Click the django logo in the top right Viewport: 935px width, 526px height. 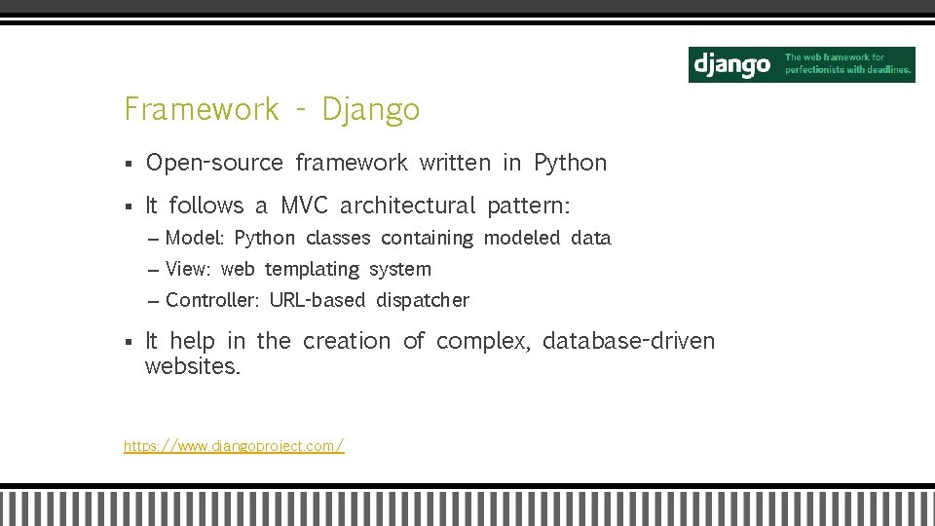(731, 65)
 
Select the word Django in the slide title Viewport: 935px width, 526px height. (371, 109)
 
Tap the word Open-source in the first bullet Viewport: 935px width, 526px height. (214, 163)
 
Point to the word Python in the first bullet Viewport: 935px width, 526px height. (570, 163)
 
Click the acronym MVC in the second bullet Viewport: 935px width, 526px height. (305, 206)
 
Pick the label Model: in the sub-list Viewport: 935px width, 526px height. (195, 238)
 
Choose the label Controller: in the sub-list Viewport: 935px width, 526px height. (212, 300)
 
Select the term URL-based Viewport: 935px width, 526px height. (318, 300)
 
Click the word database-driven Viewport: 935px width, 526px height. (628, 341)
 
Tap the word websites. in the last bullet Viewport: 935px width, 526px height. (192, 366)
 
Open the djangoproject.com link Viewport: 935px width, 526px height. (234, 446)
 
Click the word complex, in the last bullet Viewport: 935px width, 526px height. (483, 341)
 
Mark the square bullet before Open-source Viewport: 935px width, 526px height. (129, 164)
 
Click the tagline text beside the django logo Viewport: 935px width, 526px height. (847, 64)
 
